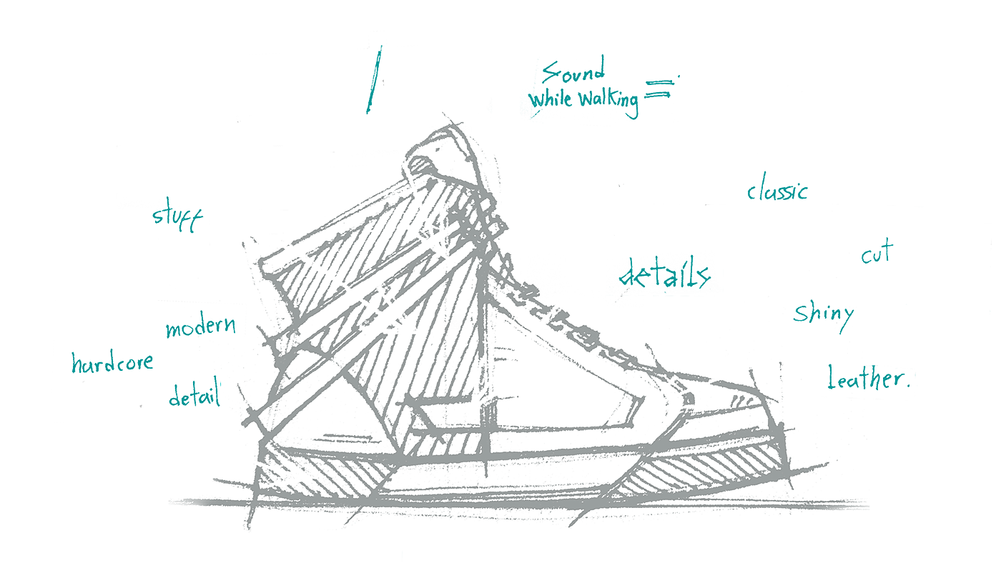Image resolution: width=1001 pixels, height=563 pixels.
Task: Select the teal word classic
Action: [x=777, y=191]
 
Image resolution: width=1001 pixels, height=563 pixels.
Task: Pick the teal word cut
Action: [x=877, y=253]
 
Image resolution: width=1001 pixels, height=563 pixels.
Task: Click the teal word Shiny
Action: [x=824, y=313]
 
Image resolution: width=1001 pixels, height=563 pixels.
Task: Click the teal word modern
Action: [x=200, y=328]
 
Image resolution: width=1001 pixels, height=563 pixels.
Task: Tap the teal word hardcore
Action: [x=112, y=363]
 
